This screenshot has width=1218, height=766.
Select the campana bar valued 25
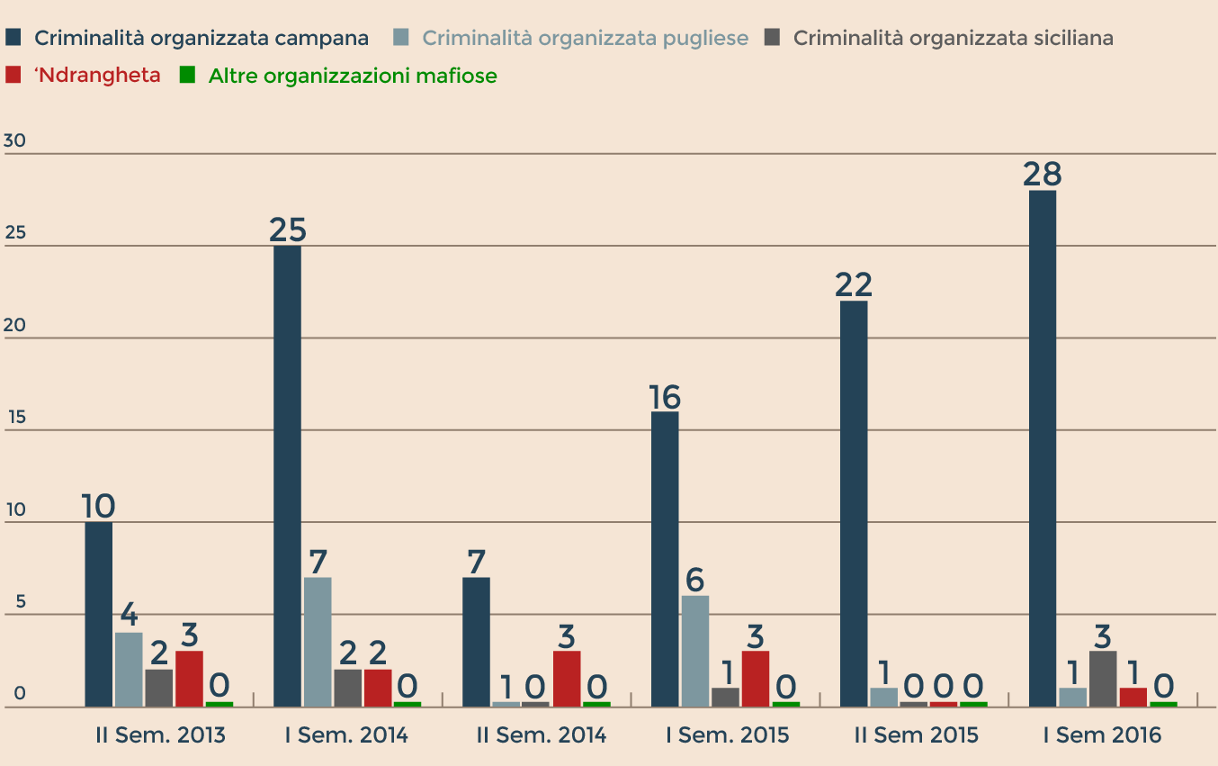(x=288, y=476)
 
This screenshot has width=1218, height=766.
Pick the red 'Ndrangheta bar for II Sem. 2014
(x=567, y=679)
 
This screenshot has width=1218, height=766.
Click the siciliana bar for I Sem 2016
(x=1103, y=679)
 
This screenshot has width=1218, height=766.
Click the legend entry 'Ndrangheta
(x=97, y=76)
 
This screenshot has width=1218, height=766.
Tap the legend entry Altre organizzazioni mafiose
(x=353, y=77)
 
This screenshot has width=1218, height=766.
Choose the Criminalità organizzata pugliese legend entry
(x=585, y=38)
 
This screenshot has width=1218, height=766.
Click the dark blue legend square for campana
(x=13, y=37)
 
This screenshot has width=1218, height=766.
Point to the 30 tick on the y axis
(x=14, y=141)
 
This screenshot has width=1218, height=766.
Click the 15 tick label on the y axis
(x=14, y=418)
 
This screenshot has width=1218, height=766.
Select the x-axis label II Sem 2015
(x=916, y=735)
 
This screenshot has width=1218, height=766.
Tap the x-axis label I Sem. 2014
(x=346, y=735)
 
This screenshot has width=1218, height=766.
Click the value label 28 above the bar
(x=1043, y=174)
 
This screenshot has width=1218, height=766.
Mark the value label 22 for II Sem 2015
(x=854, y=284)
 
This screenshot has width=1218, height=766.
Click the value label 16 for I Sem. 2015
(x=665, y=396)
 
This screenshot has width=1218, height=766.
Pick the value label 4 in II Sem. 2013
(x=129, y=616)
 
